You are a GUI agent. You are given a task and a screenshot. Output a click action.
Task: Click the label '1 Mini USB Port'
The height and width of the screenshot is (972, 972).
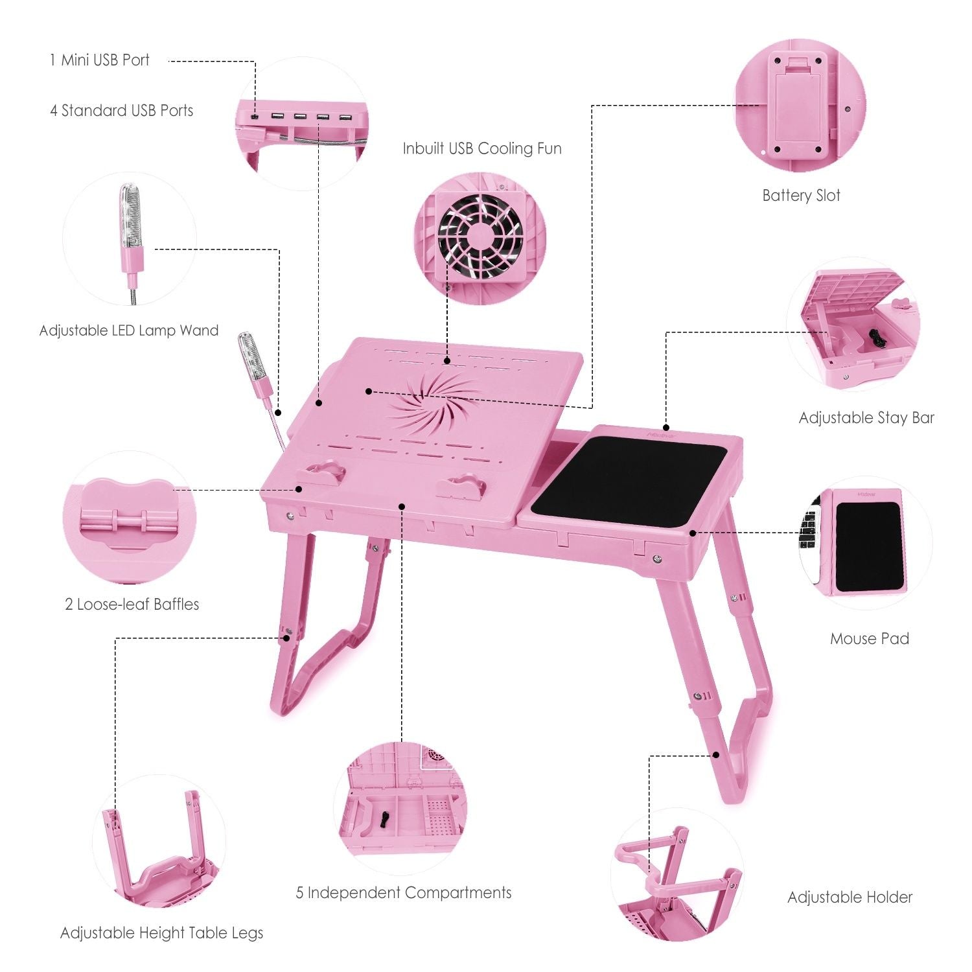[99, 60]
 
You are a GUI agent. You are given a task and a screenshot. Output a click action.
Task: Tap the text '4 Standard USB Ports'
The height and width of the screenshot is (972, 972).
[122, 111]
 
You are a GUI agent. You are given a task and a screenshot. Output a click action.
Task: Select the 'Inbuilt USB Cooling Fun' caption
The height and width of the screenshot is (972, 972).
[482, 148]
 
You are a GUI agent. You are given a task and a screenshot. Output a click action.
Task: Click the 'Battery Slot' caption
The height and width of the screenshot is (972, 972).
[801, 196]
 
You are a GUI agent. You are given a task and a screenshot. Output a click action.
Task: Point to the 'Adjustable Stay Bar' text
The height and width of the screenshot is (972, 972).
[866, 418]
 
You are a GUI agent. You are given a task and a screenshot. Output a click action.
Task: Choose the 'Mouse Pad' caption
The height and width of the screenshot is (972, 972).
[870, 639]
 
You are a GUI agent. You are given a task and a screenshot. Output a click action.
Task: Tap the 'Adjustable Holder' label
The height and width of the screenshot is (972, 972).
[850, 897]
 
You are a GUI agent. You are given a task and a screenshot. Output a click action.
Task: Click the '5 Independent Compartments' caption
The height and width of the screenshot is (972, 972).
[404, 893]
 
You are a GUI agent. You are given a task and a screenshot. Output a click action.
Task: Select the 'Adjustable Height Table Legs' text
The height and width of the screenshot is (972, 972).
[162, 933]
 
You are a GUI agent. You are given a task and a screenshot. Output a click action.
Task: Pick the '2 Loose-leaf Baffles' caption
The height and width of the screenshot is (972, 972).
[132, 605]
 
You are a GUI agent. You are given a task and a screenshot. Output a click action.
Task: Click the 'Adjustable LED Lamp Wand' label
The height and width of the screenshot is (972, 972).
[129, 330]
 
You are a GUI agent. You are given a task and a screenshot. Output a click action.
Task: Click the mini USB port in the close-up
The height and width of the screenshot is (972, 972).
[256, 117]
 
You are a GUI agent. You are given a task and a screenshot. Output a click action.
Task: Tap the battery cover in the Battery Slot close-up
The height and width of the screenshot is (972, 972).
[795, 110]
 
